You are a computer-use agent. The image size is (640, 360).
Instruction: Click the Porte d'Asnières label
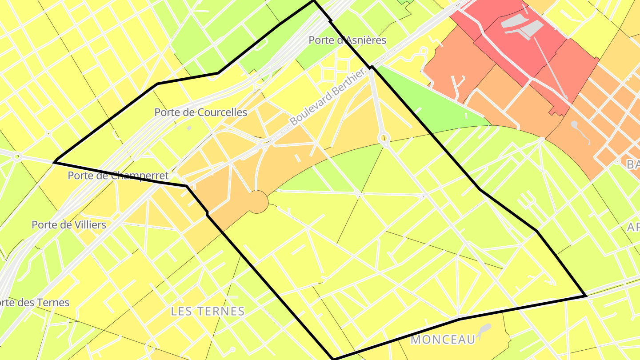(x=347, y=40)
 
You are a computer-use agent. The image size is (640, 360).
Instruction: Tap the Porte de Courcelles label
(x=200, y=112)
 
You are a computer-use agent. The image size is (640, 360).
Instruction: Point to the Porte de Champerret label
(x=118, y=176)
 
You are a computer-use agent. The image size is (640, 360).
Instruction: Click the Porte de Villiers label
(x=69, y=225)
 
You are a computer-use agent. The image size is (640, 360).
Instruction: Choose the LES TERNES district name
(x=208, y=311)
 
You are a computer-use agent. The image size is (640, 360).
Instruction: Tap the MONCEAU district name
(x=443, y=340)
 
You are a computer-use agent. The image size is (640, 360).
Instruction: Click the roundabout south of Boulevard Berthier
(x=384, y=138)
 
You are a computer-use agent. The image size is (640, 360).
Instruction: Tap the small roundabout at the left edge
(x=17, y=156)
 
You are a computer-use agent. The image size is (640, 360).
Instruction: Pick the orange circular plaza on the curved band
(x=258, y=202)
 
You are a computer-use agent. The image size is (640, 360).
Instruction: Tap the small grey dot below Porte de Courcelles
(x=189, y=128)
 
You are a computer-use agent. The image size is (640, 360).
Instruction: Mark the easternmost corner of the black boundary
(x=586, y=296)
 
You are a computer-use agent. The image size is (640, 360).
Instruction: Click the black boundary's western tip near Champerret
(x=54, y=162)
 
